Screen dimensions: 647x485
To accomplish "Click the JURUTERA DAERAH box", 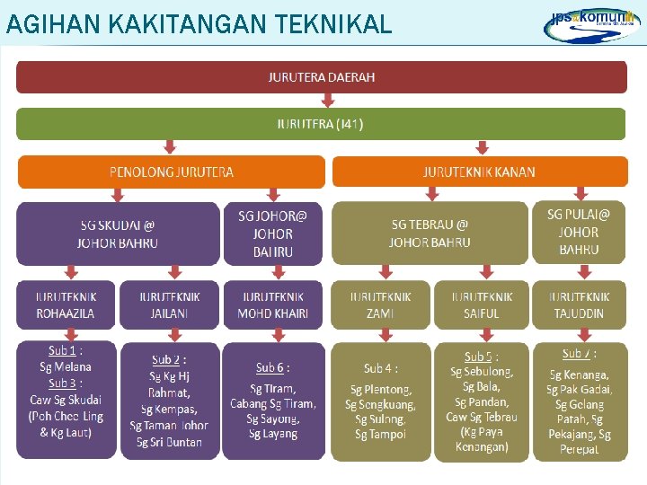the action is click(321, 77).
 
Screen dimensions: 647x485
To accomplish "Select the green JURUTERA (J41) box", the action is click(321, 124).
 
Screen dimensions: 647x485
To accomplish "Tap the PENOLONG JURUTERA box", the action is click(171, 172).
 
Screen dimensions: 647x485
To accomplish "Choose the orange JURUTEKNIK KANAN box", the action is click(478, 172).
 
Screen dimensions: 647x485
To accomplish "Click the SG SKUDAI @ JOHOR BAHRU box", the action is click(118, 234).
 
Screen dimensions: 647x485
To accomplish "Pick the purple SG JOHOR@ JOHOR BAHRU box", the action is click(272, 234).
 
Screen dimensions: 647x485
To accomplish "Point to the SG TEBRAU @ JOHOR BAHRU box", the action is click(430, 234).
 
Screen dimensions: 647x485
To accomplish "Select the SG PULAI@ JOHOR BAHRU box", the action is click(578, 232).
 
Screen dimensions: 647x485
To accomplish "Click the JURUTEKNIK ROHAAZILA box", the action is click(65, 305).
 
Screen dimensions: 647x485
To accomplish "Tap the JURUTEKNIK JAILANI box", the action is click(169, 305).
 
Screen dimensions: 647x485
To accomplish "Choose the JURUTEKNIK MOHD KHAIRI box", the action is click(272, 305).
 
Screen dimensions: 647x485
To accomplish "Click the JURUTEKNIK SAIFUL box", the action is click(482, 305).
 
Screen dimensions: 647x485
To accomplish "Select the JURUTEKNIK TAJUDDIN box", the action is click(578, 305).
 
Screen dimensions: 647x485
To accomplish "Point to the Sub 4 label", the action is click(379, 368).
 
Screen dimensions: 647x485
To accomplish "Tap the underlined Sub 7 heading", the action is click(577, 354).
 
